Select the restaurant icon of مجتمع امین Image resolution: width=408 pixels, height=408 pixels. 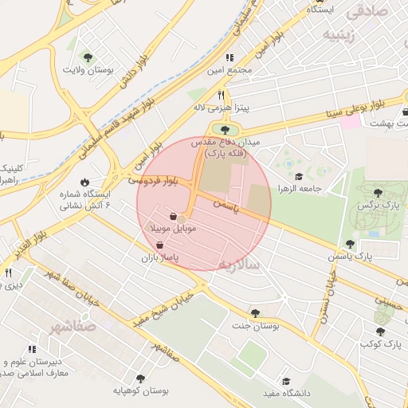229,57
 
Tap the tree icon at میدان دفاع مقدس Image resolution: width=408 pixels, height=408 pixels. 226,129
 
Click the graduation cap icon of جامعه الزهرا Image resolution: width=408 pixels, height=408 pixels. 299,177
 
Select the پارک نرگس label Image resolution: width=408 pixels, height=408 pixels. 379,205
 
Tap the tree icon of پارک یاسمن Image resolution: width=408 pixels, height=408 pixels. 350,244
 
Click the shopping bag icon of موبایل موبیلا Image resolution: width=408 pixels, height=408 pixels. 173,215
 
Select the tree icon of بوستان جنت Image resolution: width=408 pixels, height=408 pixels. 255,313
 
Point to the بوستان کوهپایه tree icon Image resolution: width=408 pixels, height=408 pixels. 141,379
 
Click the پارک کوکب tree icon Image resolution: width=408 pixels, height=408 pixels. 379,331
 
